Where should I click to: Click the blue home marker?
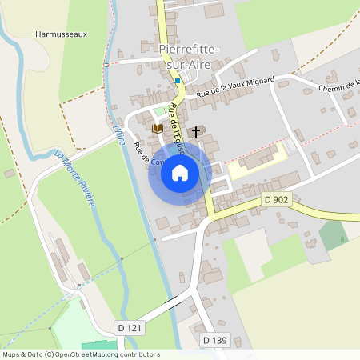coord(180,173)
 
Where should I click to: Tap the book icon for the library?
coord(157,128)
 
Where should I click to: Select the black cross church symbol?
coord(196,130)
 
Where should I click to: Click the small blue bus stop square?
coord(178,80)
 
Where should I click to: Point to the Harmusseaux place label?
coord(61,35)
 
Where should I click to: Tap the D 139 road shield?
coord(214,341)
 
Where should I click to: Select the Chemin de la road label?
coord(339,85)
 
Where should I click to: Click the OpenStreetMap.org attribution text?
coord(104,354)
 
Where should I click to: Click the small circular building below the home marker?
coord(162,222)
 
